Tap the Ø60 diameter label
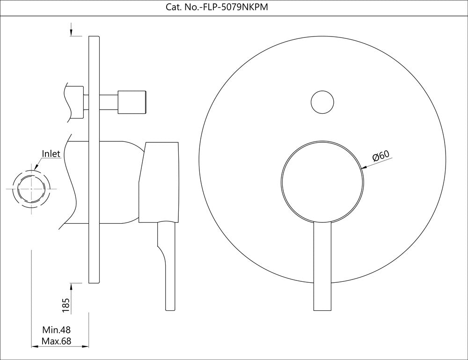[381, 156]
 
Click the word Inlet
[51, 154]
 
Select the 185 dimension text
[66, 305]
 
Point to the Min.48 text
[56, 331]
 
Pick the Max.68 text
[56, 341]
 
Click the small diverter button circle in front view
[323, 102]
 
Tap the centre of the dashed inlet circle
[31, 189]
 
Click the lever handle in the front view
[322, 267]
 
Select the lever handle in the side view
[168, 267]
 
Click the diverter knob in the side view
[133, 101]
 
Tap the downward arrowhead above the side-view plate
[71, 33]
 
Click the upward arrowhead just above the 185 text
[71, 286]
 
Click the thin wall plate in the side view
[94, 159]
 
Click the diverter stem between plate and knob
[109, 102]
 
